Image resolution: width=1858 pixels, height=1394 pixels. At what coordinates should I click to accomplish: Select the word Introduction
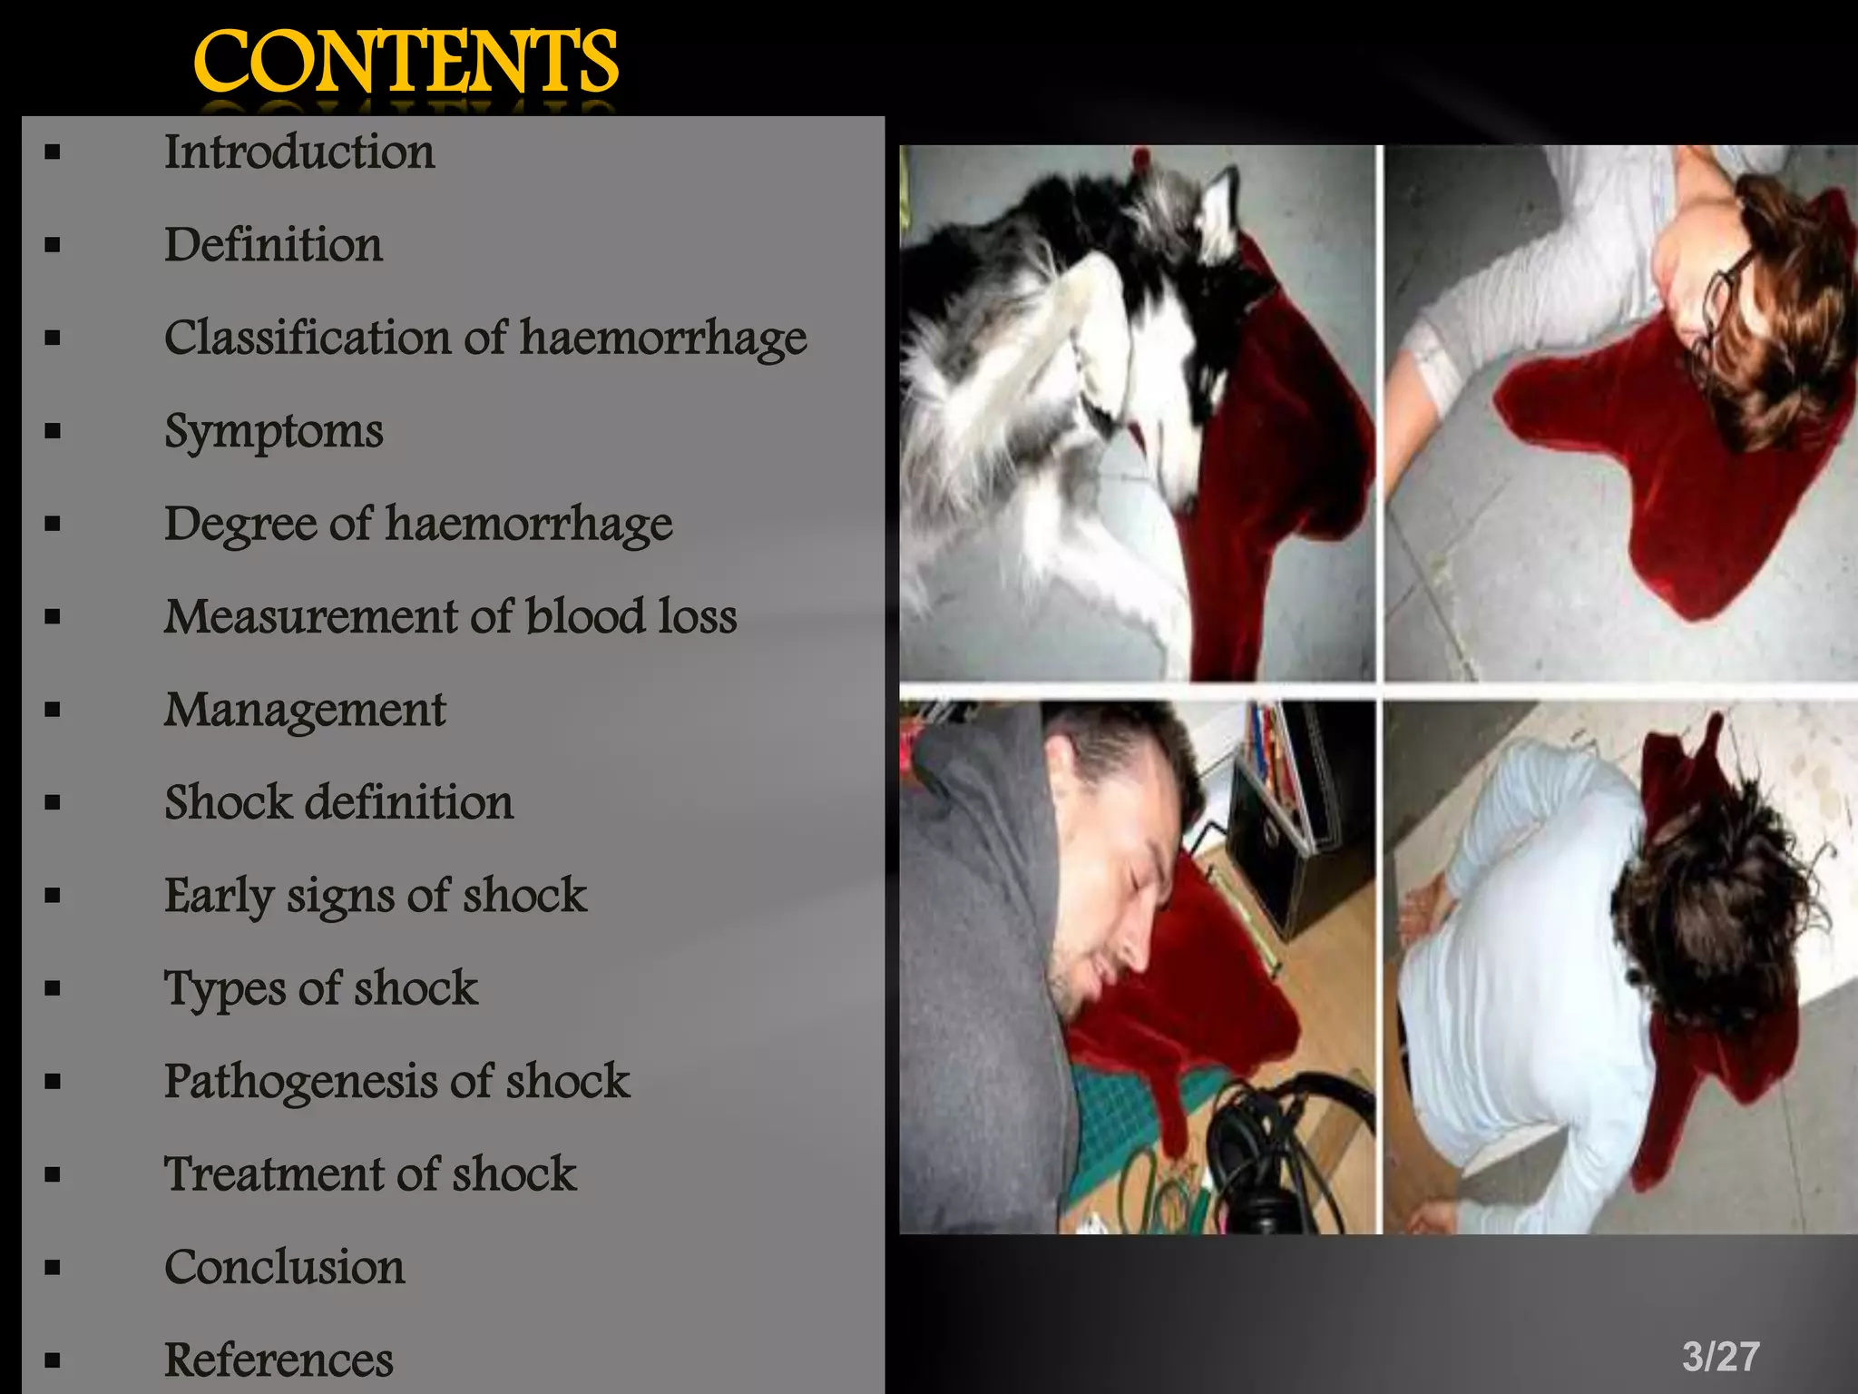point(298,152)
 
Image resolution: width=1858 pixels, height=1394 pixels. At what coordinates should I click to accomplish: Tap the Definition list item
point(273,245)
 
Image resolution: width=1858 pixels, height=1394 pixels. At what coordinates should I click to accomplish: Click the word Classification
point(306,339)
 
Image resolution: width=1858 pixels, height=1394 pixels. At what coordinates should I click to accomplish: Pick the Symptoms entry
point(273,431)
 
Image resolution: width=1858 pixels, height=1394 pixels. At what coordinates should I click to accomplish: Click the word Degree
point(239,525)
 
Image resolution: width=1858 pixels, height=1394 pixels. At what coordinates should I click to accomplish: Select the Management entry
point(304,710)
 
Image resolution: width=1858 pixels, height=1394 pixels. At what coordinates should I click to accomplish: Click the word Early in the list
point(218,896)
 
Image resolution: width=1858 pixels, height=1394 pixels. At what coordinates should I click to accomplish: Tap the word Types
point(222,988)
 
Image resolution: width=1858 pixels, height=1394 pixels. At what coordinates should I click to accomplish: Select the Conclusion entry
point(284,1267)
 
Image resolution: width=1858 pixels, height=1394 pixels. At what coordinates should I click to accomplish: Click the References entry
point(279,1360)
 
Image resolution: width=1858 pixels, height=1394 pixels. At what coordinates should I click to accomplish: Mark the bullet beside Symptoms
point(53,431)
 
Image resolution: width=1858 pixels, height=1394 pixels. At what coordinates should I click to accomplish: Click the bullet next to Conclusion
point(53,1268)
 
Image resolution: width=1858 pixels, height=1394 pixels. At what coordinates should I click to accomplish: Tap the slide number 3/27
point(1720,1357)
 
